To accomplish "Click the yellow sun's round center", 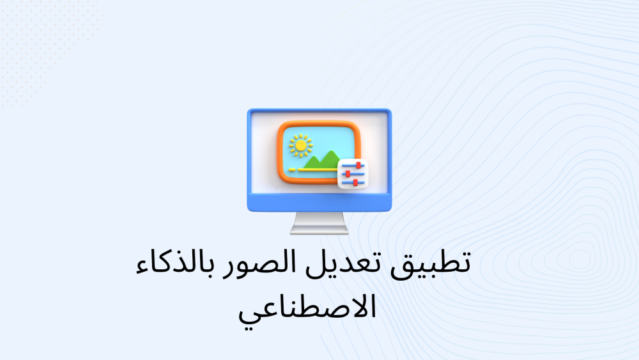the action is click(x=301, y=146).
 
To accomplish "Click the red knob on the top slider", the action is click(x=358, y=165).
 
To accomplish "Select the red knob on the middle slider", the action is click(x=348, y=174).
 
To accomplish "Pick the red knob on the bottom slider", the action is click(x=355, y=183).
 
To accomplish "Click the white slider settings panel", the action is click(x=353, y=174).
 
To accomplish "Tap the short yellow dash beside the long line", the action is click(x=292, y=169).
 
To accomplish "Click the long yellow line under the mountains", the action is click(x=318, y=169).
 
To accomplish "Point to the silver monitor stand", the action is click(x=319, y=223).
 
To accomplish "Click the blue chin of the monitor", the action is click(x=319, y=202).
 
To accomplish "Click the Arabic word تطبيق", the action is click(x=430, y=264).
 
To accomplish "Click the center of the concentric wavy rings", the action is click(x=580, y=260).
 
